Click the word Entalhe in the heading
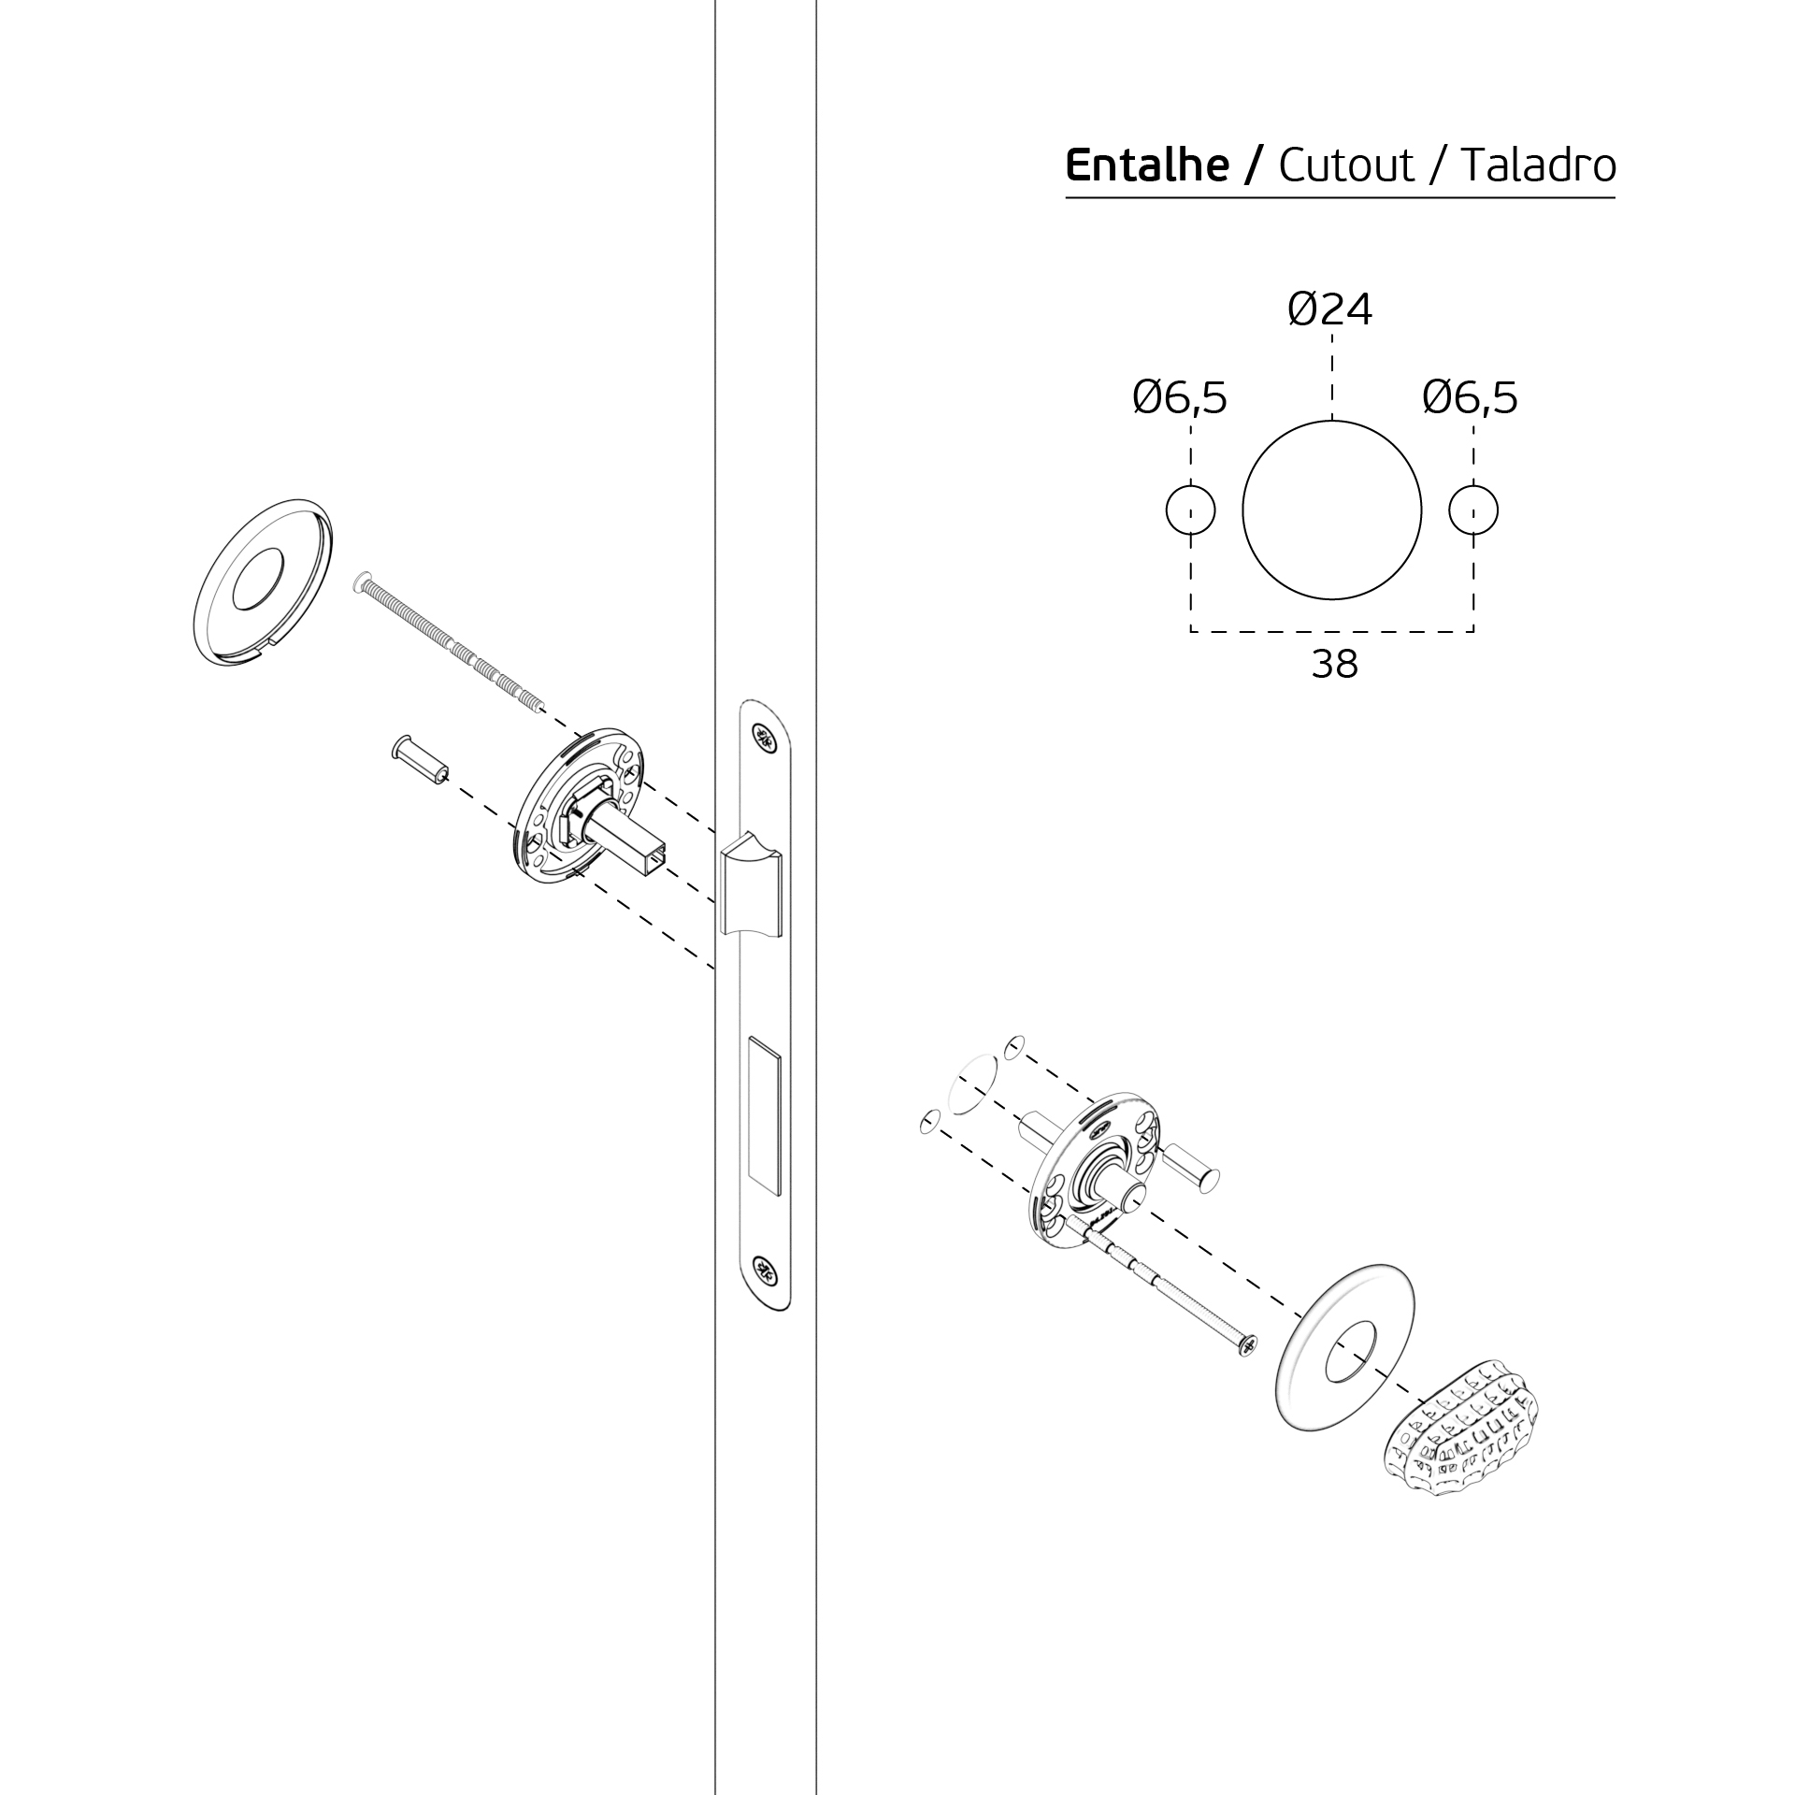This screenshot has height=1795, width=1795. (1146, 165)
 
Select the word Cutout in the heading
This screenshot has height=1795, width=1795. (1347, 165)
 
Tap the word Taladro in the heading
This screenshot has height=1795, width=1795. (1539, 165)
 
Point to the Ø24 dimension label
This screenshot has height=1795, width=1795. (1329, 309)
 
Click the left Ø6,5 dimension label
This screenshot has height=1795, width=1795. (1180, 398)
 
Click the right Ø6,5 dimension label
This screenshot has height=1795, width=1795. (1470, 398)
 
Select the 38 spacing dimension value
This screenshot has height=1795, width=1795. (1334, 665)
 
